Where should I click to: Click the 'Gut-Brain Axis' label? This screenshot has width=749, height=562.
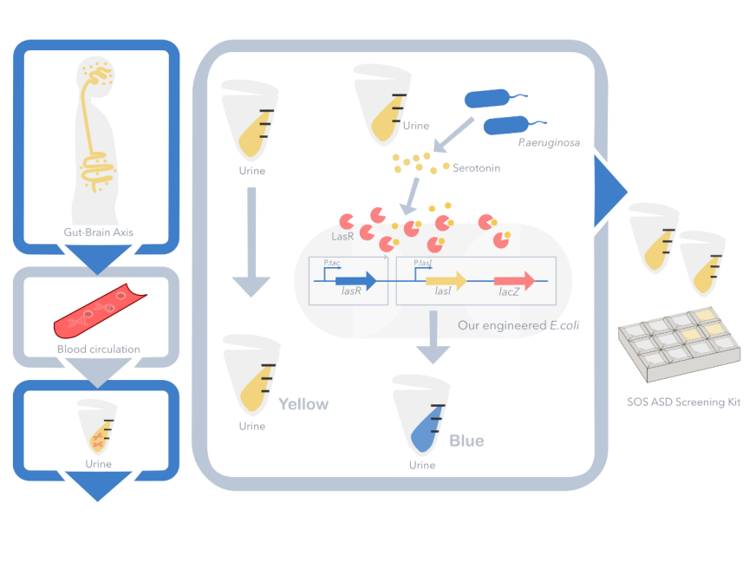coord(97,232)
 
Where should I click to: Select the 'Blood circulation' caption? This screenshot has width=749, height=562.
coord(98,350)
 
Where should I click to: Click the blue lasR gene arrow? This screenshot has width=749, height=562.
coord(355,280)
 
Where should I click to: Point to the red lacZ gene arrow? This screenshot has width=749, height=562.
coord(514,280)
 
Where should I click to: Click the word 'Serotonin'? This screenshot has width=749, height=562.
coord(476,168)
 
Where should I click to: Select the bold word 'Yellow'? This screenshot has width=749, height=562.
coord(303,404)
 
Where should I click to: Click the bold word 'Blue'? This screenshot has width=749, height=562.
coord(466,441)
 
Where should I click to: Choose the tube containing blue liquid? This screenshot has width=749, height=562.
coord(420,420)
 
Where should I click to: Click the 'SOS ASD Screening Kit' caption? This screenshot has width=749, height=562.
coord(675,402)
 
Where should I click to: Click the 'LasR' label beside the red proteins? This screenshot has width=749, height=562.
coord(342,236)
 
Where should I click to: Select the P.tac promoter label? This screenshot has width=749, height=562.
coord(331,263)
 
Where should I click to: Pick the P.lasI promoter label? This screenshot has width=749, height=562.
coord(423,263)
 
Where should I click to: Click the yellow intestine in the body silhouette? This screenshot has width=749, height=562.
coord(97,169)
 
